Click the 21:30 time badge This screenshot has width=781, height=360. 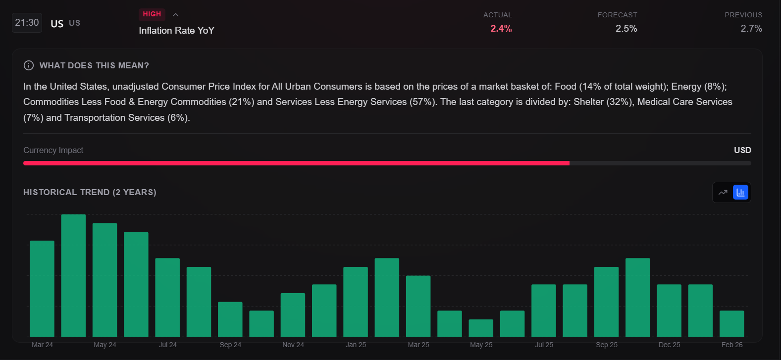(27, 23)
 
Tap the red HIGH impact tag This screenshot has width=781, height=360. (152, 14)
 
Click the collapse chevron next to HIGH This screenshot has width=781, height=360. (175, 15)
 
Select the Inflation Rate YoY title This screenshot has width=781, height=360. (176, 31)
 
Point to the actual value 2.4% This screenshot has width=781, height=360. (501, 29)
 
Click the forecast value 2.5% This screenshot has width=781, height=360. (626, 29)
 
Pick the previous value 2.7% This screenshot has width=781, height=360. (751, 29)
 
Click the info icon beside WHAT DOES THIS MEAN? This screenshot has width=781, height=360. (29, 65)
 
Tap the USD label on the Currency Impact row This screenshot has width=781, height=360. (742, 150)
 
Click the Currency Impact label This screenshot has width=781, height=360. (53, 150)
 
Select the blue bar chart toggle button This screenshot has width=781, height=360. (740, 192)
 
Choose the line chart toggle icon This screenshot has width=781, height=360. (723, 192)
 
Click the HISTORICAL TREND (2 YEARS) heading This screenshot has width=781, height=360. (90, 192)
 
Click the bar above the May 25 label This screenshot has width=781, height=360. (481, 328)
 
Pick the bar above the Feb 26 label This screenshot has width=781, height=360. (731, 324)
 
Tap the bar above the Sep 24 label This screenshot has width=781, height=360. (230, 319)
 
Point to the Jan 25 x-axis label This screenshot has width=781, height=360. (356, 345)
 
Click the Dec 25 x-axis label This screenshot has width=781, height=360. (669, 345)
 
